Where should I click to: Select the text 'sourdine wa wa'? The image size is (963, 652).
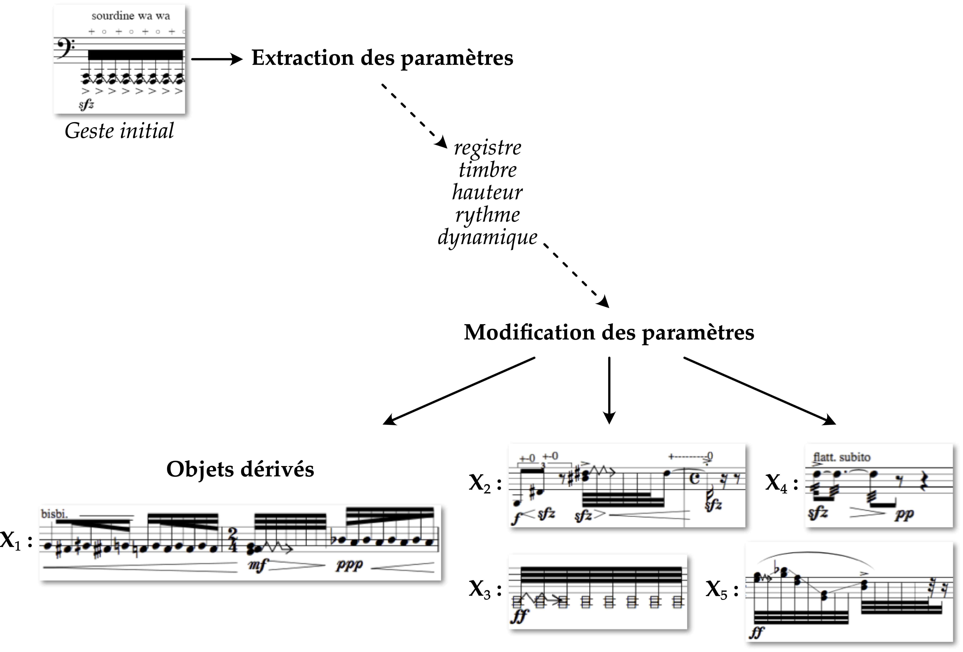click(131, 16)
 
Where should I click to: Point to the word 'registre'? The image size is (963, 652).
click(488, 148)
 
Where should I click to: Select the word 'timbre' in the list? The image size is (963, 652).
click(488, 170)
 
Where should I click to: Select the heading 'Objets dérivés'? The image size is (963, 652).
click(240, 470)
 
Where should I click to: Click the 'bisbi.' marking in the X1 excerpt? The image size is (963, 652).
click(54, 514)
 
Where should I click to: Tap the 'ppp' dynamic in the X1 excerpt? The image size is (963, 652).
click(349, 565)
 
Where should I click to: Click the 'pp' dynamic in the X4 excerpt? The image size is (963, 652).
click(904, 514)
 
